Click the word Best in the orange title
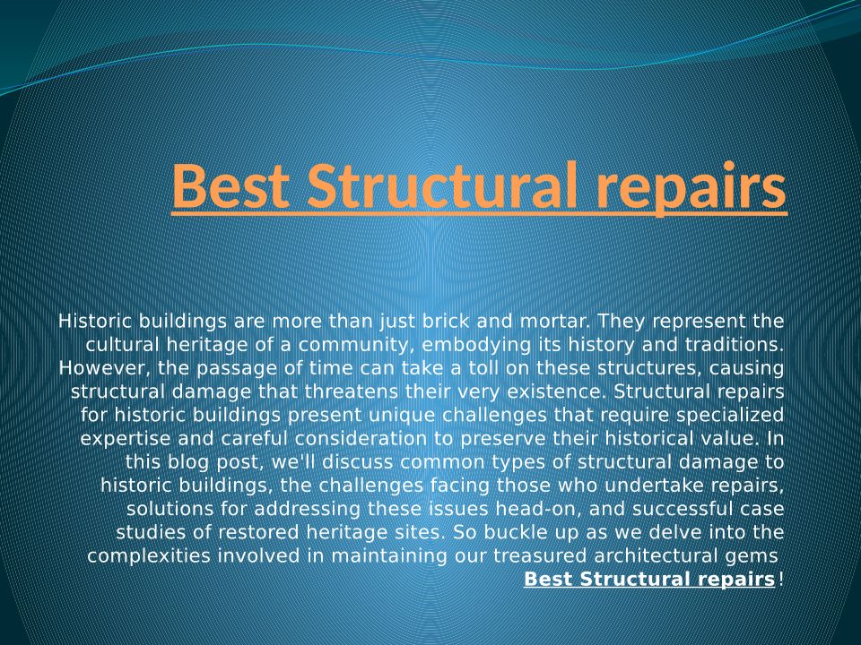coord(230,185)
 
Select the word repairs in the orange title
coord(691,189)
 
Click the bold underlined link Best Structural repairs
coord(649,579)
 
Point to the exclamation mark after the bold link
coord(780,578)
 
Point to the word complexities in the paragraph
coord(149,556)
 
